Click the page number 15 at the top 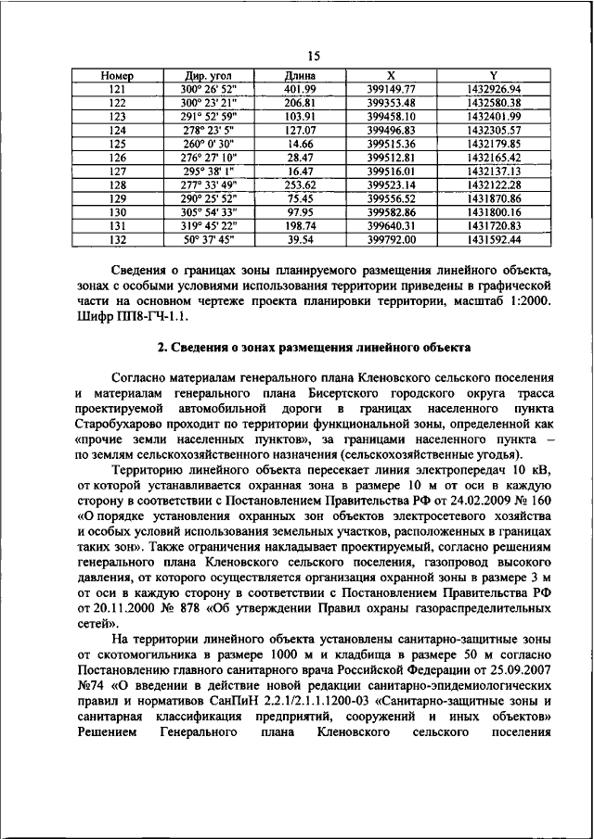pos(313,56)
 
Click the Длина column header pos(300,74)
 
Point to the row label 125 pos(117,145)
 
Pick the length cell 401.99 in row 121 pos(300,88)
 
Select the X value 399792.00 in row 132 pos(391,239)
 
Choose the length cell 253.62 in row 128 pos(300,184)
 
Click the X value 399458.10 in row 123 pos(391,117)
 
